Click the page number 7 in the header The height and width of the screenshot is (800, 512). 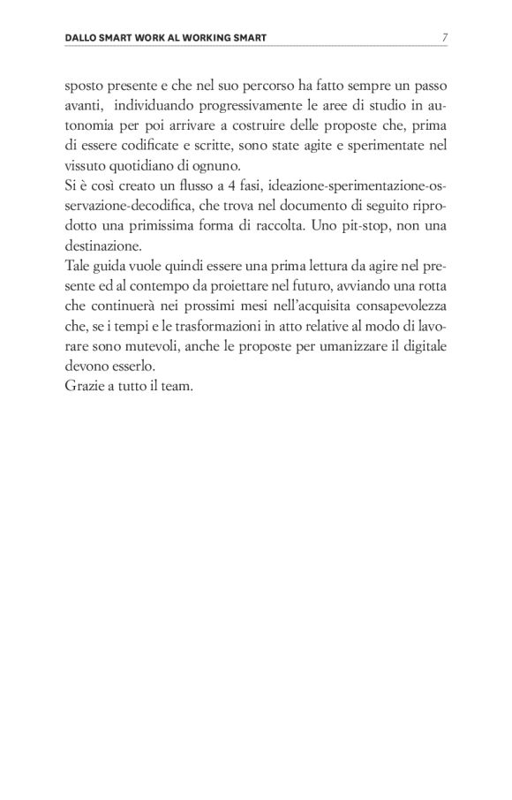(x=444, y=38)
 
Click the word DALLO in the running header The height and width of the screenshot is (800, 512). (x=85, y=38)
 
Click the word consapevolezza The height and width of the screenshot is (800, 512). (x=402, y=302)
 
